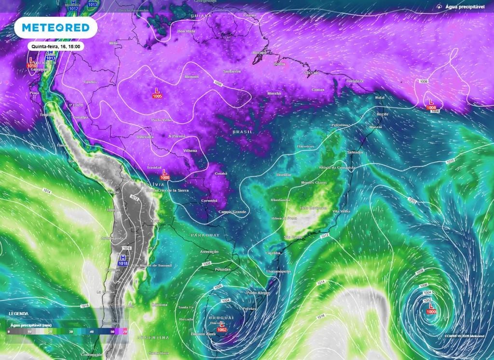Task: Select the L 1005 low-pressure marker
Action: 157,93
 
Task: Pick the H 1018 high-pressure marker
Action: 123,261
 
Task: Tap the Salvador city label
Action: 355,152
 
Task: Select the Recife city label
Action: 383,114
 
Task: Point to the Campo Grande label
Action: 233,212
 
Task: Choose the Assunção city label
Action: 209,252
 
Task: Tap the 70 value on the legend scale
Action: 125,332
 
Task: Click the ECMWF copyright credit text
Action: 465,335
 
